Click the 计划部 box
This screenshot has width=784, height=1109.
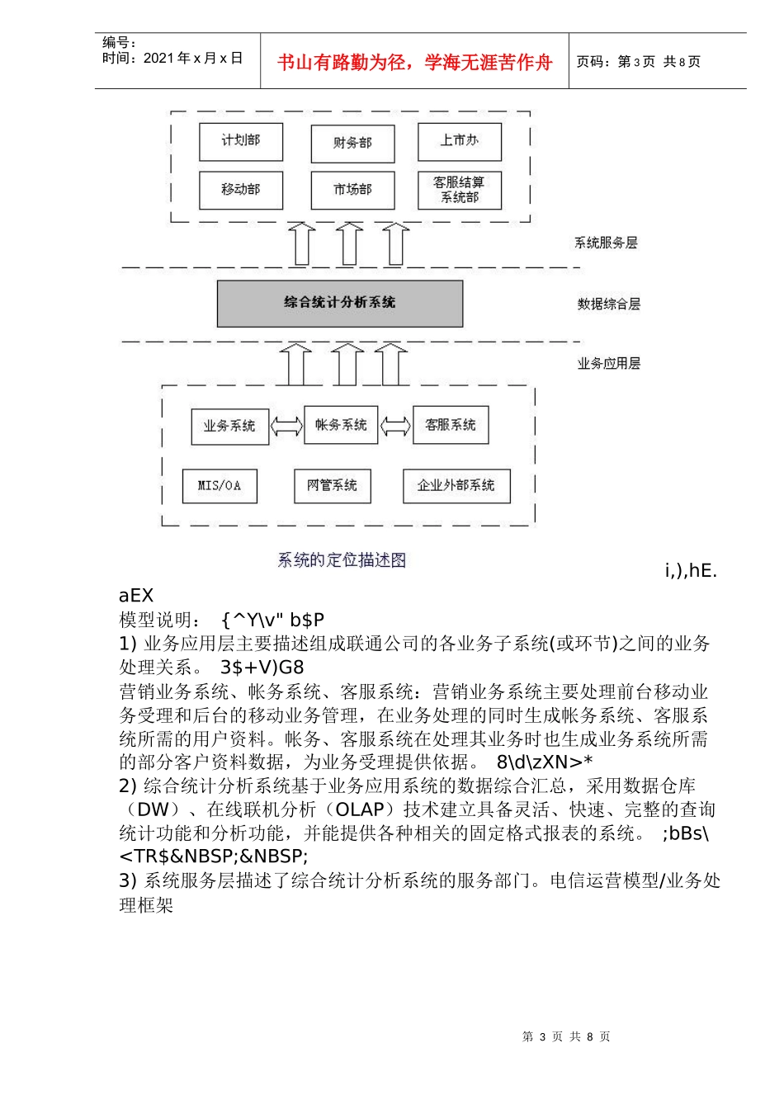point(241,142)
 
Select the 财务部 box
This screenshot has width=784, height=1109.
point(352,144)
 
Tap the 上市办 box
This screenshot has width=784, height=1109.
point(460,142)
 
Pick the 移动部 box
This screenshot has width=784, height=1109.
point(241,191)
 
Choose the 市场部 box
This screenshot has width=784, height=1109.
point(352,191)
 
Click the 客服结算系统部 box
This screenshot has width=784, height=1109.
point(460,191)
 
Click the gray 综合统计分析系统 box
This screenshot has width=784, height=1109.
point(339,304)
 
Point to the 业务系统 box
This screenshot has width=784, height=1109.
point(229,427)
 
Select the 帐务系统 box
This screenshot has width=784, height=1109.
point(341,425)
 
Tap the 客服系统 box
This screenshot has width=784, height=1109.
point(451,425)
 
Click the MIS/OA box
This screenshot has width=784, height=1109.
point(220,486)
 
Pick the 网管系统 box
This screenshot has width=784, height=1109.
point(333,486)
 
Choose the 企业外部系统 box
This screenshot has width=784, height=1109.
point(456,486)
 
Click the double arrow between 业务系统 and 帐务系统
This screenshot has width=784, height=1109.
point(286,426)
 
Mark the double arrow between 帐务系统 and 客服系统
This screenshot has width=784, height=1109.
point(395,426)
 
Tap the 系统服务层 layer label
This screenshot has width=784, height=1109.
point(606,243)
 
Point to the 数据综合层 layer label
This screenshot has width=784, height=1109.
point(609,304)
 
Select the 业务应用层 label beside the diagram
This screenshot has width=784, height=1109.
point(609,364)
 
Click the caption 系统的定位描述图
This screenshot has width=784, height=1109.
point(342,560)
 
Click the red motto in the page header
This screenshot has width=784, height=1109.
point(414,63)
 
